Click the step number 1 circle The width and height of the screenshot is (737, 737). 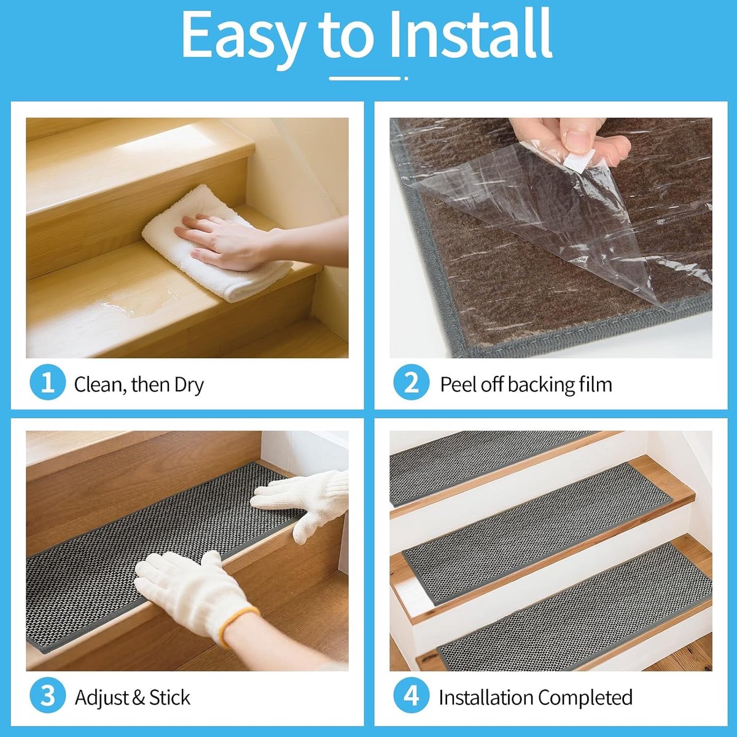pos(47,382)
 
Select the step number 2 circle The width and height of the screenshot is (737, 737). pos(411,382)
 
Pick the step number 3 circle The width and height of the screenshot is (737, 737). pos(47,696)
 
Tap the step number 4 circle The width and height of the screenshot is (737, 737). pos(411,696)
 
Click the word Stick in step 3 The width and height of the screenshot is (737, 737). pos(170,697)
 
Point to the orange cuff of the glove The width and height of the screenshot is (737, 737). pos(240,624)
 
